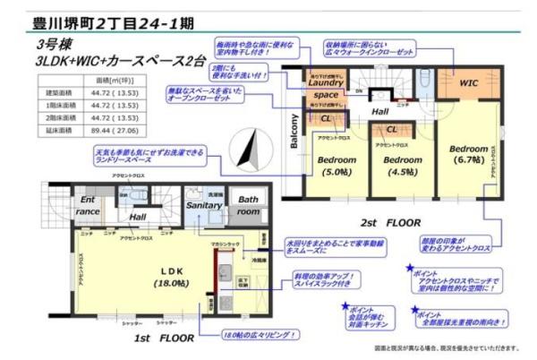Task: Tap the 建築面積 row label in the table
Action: point(56,92)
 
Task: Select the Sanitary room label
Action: point(204,205)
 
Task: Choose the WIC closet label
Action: point(469,82)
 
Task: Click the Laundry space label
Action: point(325,88)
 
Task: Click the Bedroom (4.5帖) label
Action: point(403,167)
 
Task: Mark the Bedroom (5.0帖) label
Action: point(337,167)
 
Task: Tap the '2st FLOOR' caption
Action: point(396,220)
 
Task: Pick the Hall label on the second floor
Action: point(380,112)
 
